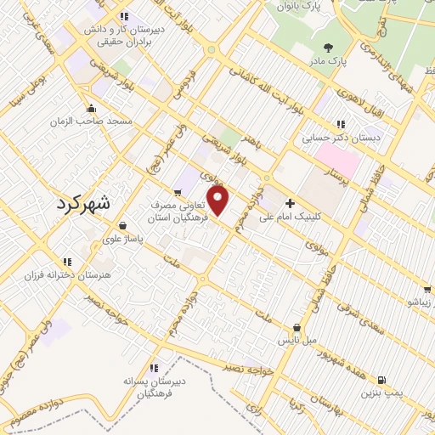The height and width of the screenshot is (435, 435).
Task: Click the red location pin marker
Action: tap(218, 201)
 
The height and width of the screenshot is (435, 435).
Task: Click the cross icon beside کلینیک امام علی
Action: tap(290, 204)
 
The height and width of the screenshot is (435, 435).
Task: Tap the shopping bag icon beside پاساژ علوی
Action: tap(124, 226)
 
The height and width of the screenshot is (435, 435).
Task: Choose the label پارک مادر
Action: tap(351, 61)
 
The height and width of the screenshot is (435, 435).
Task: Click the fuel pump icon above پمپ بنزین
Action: tap(380, 380)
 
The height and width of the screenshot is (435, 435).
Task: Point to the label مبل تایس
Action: tap(299, 340)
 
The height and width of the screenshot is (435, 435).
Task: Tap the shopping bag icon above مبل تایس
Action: tap(296, 327)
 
